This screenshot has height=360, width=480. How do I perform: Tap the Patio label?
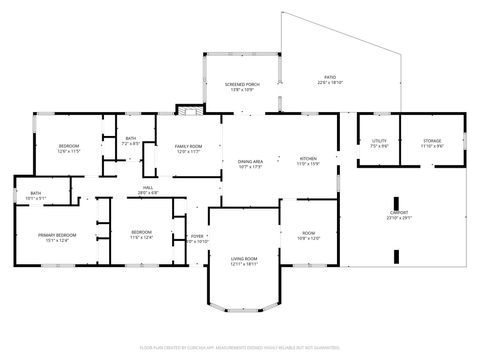(x=330, y=77)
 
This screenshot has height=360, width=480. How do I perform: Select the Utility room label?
(x=379, y=141)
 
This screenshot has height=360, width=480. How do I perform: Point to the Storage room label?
(x=432, y=141)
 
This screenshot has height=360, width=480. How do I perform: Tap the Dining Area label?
(x=250, y=161)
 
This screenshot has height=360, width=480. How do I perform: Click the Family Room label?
(x=189, y=146)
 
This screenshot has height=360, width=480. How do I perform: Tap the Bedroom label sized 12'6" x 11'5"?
(x=68, y=146)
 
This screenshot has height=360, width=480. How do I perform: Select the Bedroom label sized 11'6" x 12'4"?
(x=141, y=232)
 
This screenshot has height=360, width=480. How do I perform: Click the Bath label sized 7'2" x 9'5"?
(x=131, y=141)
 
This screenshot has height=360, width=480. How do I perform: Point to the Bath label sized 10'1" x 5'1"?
(x=35, y=193)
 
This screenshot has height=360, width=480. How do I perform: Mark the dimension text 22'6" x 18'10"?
(x=330, y=83)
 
